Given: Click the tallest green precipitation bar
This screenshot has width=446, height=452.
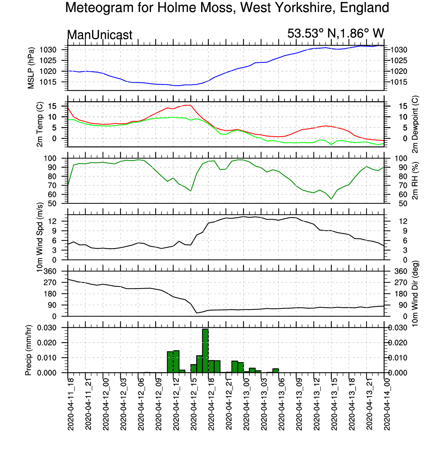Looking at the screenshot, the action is click(205, 351).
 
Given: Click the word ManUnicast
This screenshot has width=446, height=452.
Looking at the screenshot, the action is click(100, 35).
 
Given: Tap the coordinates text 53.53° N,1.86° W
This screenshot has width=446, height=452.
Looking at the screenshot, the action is click(336, 33).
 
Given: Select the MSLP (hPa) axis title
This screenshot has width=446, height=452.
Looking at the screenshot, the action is click(31, 68).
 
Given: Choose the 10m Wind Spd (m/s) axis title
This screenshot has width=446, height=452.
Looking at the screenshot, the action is click(40, 237).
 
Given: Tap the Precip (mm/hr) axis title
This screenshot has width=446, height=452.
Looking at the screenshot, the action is click(28, 350).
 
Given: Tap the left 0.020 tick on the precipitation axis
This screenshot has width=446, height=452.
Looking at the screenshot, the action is click(47, 343).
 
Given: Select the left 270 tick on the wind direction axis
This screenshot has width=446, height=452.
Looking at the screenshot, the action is click(50, 283).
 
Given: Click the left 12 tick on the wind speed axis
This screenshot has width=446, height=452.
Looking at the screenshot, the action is click(52, 221).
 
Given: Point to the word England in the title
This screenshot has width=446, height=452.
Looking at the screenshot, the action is click(365, 8).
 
